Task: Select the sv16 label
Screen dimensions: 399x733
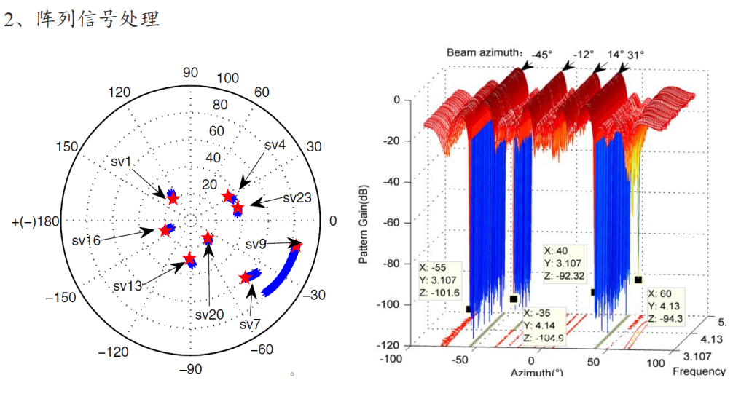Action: (86, 240)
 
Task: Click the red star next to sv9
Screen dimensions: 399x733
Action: (296, 246)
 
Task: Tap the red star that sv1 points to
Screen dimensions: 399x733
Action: (173, 198)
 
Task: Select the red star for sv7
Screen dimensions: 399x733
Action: (246, 277)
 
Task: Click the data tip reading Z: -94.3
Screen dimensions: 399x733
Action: (666, 305)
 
